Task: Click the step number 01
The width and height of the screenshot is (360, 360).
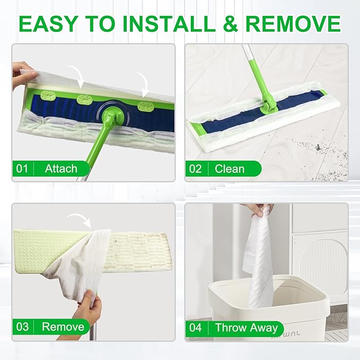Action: pyautogui.click(x=22, y=169)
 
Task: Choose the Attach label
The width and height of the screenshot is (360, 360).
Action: pyautogui.click(x=61, y=169)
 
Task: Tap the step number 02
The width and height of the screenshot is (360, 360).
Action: pyautogui.click(x=196, y=169)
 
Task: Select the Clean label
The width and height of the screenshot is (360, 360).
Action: pyautogui.click(x=230, y=169)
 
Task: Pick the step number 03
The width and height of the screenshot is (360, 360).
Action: pyautogui.click(x=22, y=327)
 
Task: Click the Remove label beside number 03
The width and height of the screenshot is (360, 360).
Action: pyautogui.click(x=63, y=327)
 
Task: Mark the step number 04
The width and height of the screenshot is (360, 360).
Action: pyautogui.click(x=196, y=328)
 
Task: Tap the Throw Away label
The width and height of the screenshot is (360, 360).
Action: pyautogui.click(x=246, y=328)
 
